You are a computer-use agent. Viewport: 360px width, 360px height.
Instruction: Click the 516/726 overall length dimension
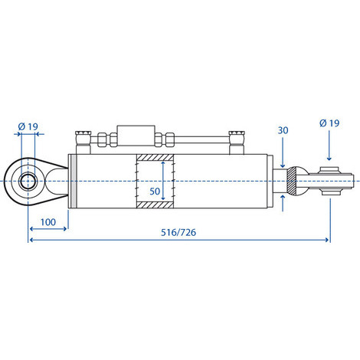click(x=178, y=232)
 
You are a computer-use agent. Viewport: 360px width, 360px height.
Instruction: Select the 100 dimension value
click(x=48, y=222)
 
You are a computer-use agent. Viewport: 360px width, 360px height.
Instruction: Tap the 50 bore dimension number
click(x=155, y=191)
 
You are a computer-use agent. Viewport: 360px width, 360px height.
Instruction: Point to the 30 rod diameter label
click(x=283, y=130)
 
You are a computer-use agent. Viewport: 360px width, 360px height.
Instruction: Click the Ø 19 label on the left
click(x=28, y=126)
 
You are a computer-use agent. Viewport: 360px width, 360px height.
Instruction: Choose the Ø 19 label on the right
click(x=329, y=123)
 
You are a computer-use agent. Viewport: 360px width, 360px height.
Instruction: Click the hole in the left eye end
click(x=28, y=181)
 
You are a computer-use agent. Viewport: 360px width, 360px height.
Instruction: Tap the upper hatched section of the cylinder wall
click(x=155, y=157)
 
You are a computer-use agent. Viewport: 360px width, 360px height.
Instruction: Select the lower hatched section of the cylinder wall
click(x=155, y=205)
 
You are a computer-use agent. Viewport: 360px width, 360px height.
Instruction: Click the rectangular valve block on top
click(x=136, y=136)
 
